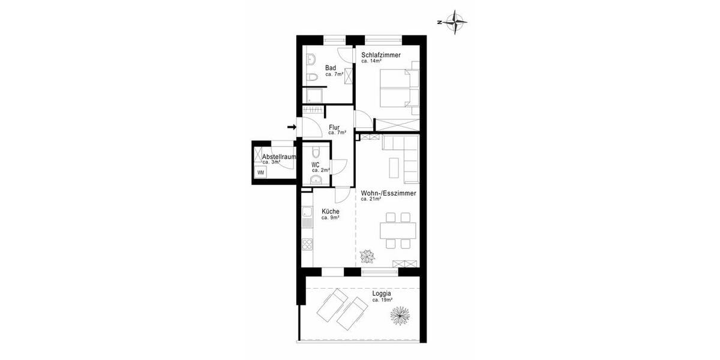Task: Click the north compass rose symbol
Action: (x=458, y=22)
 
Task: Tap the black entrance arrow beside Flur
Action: (x=292, y=127)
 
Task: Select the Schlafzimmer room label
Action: (x=381, y=55)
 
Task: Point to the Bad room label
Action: (x=331, y=68)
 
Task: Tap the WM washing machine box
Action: (x=261, y=172)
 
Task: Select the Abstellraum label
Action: (x=280, y=157)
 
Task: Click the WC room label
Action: (x=316, y=165)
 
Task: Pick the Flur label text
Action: (x=335, y=127)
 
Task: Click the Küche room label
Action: (x=331, y=212)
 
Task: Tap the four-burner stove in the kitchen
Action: (x=307, y=244)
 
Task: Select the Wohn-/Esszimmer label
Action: (x=389, y=193)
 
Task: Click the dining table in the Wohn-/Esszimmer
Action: (x=398, y=230)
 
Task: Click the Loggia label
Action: (x=382, y=294)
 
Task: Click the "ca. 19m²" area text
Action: (x=382, y=300)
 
